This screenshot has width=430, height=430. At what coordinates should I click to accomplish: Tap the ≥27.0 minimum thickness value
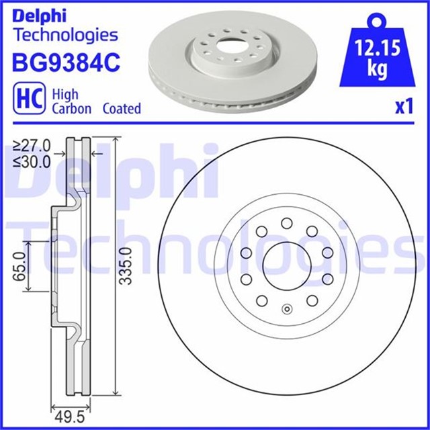click(32, 145)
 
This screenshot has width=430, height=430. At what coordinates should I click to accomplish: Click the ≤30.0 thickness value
click(32, 161)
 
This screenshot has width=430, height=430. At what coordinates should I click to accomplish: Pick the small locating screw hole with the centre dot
click(288, 310)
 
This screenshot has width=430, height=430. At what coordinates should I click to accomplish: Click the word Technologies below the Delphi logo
click(65, 34)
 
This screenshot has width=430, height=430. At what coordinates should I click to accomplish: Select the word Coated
click(122, 108)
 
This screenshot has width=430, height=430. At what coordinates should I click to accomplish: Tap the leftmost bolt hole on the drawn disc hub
click(246, 253)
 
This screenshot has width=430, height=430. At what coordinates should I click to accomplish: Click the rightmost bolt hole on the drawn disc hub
click(328, 253)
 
